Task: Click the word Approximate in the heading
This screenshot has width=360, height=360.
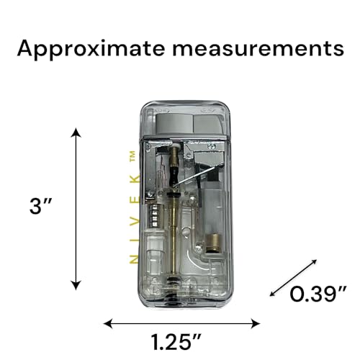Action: [x=91, y=49]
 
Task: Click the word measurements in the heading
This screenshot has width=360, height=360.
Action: [x=258, y=49]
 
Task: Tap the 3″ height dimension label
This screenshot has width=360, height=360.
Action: [x=40, y=206]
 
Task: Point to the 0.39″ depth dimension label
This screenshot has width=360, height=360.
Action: [x=318, y=294]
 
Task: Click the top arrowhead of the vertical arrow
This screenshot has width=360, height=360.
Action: [x=76, y=132]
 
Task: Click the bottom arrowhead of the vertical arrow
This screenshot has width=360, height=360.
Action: [x=76, y=286]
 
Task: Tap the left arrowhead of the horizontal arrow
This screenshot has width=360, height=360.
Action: [x=108, y=323]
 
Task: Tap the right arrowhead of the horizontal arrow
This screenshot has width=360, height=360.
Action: [x=256, y=323]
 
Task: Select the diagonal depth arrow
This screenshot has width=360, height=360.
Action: [x=293, y=278]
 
